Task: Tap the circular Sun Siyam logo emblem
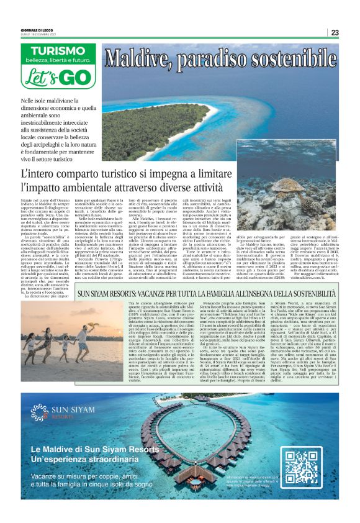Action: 38,411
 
